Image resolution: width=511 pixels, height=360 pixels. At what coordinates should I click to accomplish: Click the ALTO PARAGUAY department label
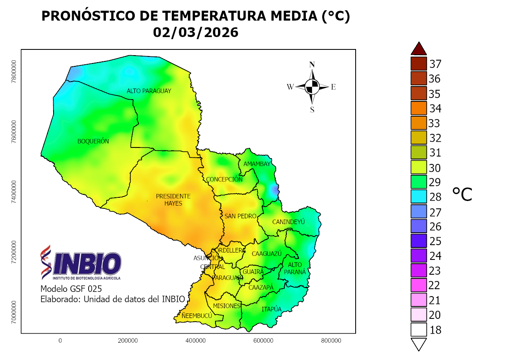coord(149,91)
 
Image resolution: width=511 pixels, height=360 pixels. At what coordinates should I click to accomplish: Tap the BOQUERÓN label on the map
coord(93,141)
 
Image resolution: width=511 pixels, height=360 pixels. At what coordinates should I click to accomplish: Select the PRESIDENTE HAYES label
coord(173,200)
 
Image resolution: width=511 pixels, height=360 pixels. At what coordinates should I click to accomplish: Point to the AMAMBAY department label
coord(257,164)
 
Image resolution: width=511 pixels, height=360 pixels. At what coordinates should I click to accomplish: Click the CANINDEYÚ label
coord(288,222)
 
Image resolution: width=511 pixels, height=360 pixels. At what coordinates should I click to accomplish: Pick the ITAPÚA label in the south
coord(272,309)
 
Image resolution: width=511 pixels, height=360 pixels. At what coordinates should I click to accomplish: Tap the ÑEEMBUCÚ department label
coord(197,316)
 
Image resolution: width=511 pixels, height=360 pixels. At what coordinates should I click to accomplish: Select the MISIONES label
coord(227,306)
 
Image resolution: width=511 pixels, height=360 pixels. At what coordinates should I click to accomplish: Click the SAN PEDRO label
coord(240,216)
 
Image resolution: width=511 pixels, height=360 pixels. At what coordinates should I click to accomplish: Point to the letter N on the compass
coord(312,64)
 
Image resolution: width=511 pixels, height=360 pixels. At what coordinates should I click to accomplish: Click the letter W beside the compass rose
coord(290,86)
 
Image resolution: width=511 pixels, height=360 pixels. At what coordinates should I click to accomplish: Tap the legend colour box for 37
coord(419,64)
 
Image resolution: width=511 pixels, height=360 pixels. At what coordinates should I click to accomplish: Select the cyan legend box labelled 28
coord(419,197)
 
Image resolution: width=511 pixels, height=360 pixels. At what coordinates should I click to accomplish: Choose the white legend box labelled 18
coord(419,330)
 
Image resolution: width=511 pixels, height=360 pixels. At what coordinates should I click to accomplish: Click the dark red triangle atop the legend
coord(419,49)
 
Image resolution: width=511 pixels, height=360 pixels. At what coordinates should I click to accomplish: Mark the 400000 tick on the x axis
coord(196,341)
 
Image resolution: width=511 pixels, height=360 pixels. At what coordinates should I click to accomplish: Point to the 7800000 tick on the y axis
coord(14,71)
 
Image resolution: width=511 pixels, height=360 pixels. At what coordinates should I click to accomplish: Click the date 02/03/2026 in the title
coord(196,32)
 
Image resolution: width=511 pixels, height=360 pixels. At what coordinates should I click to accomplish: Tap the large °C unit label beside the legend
coord(462,194)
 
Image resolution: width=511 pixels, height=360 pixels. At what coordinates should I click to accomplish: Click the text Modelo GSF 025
coord(71,288)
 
